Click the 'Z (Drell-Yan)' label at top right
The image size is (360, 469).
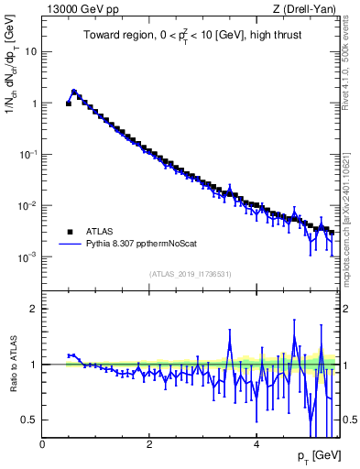coord(305,9)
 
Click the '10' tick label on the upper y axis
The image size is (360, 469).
coord(30,51)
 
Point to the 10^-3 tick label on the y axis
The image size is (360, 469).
coord(27,257)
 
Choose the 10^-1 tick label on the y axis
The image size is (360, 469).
coord(27,155)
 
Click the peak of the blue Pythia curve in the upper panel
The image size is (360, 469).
coord(74,92)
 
